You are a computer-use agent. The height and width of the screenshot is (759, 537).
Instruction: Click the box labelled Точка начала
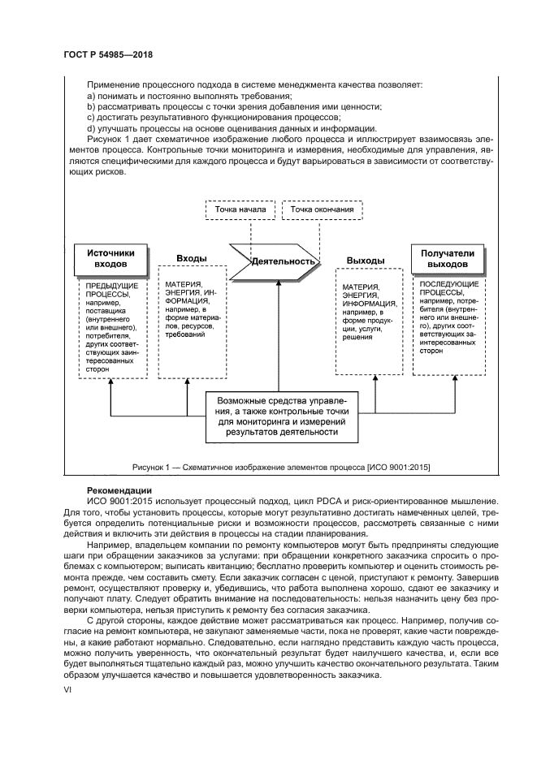(240, 209)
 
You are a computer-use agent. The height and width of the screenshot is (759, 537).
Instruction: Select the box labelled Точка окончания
(323, 209)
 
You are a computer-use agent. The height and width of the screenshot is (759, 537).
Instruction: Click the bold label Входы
(192, 258)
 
